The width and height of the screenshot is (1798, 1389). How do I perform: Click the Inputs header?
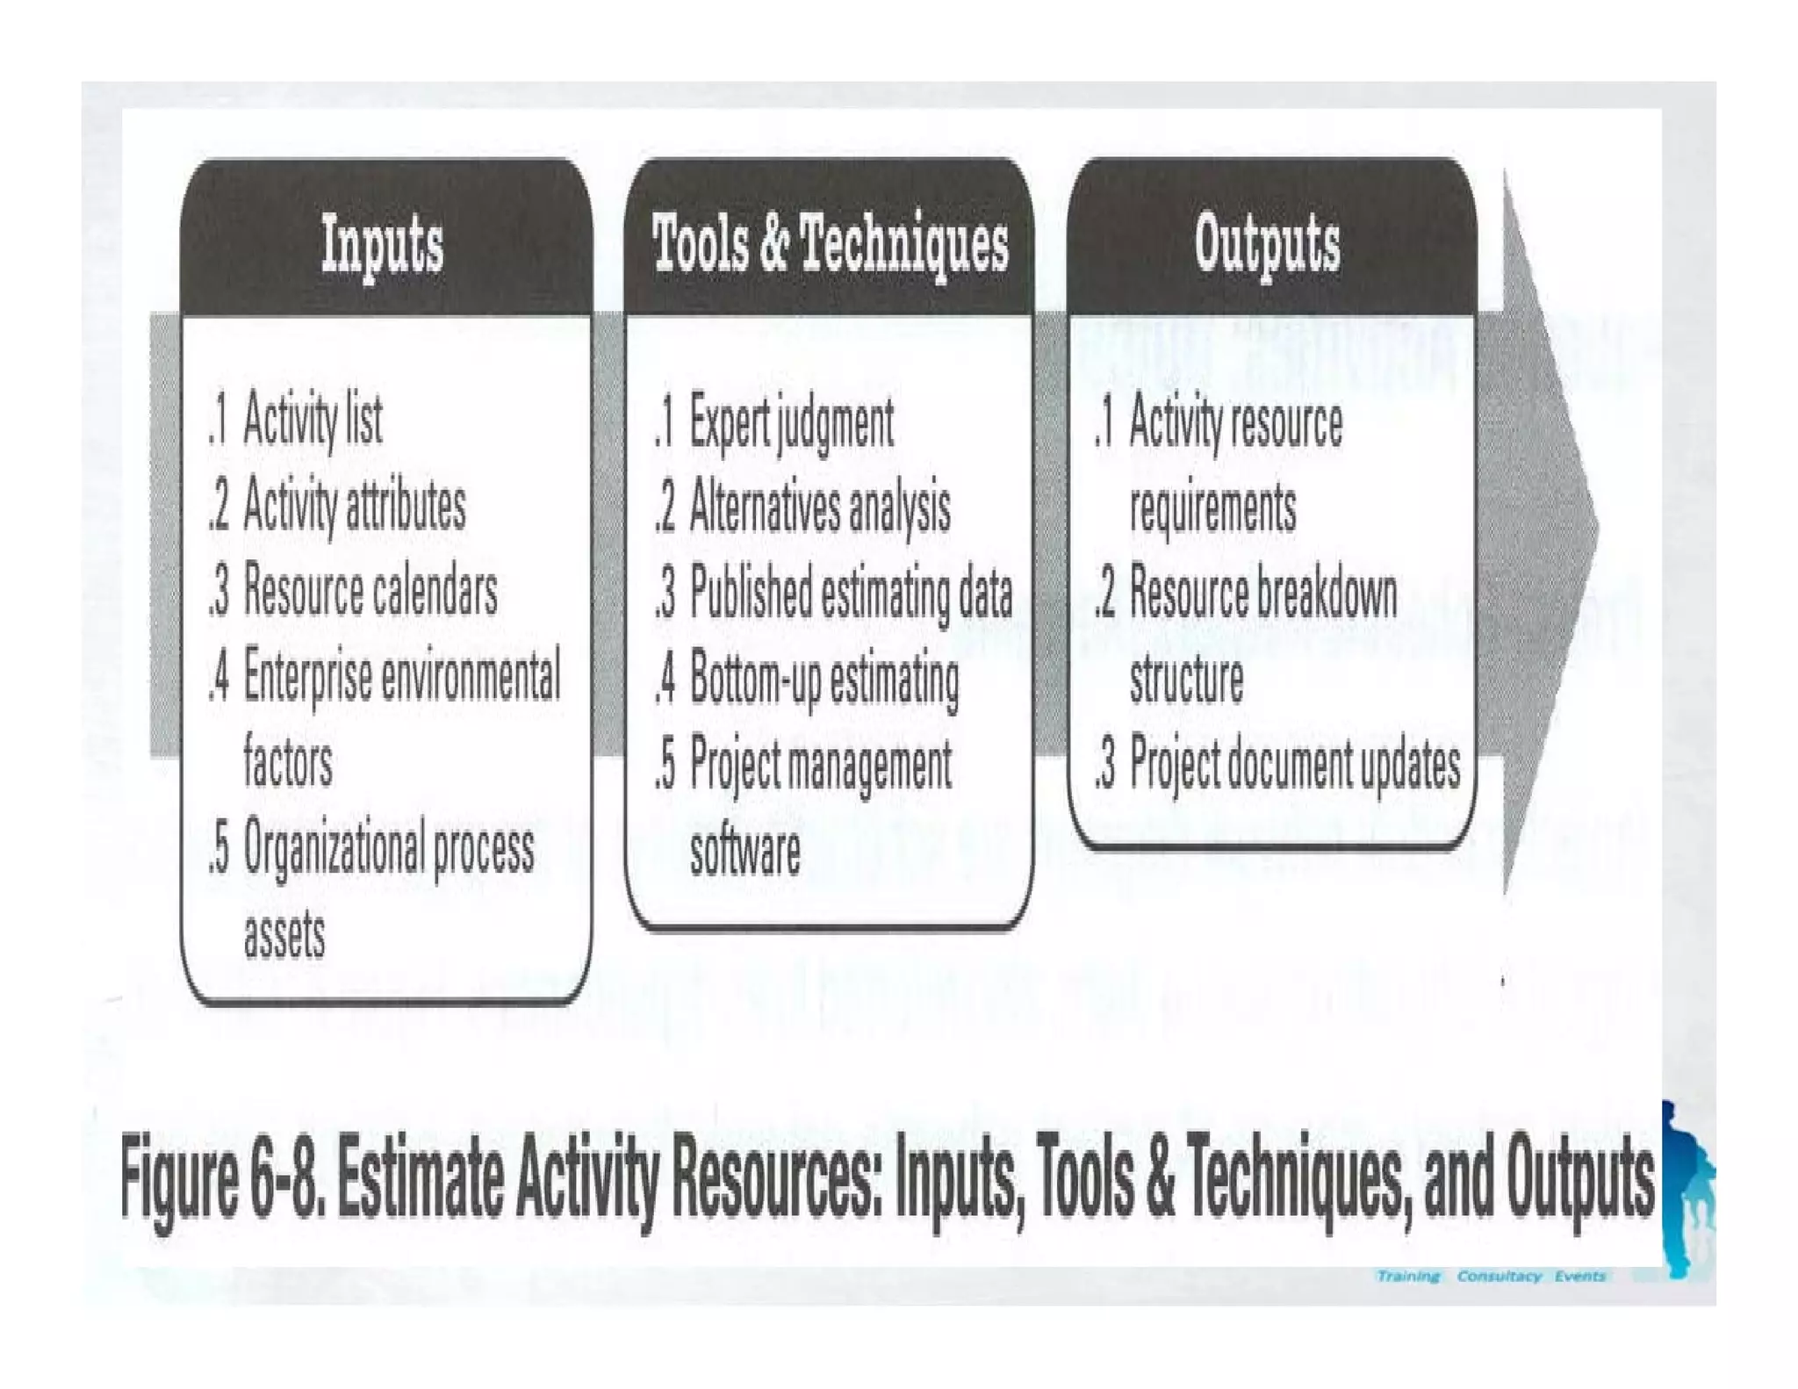382,244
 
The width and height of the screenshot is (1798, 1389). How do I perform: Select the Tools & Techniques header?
830,243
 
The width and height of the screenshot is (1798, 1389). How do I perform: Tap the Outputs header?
1267,243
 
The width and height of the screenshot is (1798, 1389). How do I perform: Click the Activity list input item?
312,421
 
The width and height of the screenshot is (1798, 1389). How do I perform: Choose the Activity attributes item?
354,506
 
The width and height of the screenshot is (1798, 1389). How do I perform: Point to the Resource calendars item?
370,591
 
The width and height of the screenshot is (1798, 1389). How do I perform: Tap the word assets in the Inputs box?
284,934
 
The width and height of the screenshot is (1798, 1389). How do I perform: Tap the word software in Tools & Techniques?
744,850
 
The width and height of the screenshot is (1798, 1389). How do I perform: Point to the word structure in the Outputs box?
1186,679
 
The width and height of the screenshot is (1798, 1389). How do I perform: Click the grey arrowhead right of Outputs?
1550,527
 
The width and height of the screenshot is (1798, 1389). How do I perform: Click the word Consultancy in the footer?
1499,1276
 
